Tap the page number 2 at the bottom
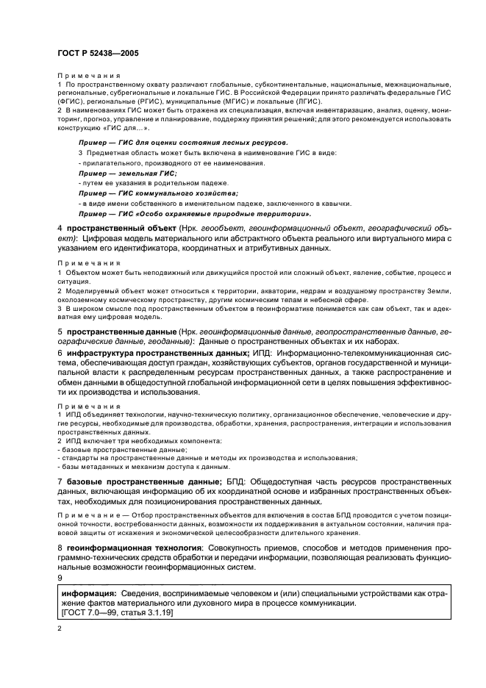(x=60, y=630)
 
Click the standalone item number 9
(x=60, y=578)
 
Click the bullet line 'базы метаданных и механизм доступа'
(x=142, y=466)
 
